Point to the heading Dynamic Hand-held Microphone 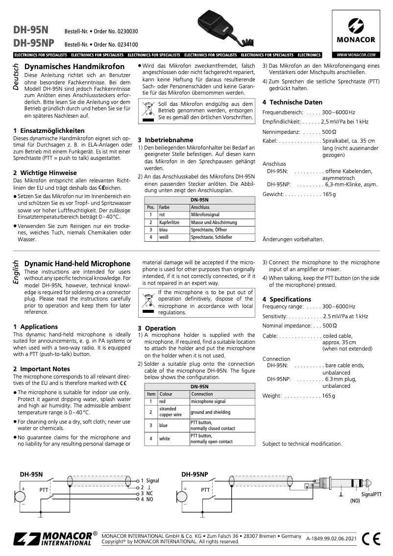[77, 264]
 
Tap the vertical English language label [15, 273]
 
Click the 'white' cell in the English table [165, 438]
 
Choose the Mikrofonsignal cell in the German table [205, 215]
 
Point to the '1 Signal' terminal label [149, 481]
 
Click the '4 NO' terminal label [147, 499]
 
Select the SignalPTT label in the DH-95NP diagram [371, 494]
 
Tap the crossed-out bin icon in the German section [147, 110]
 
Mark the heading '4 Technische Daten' [292, 102]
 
